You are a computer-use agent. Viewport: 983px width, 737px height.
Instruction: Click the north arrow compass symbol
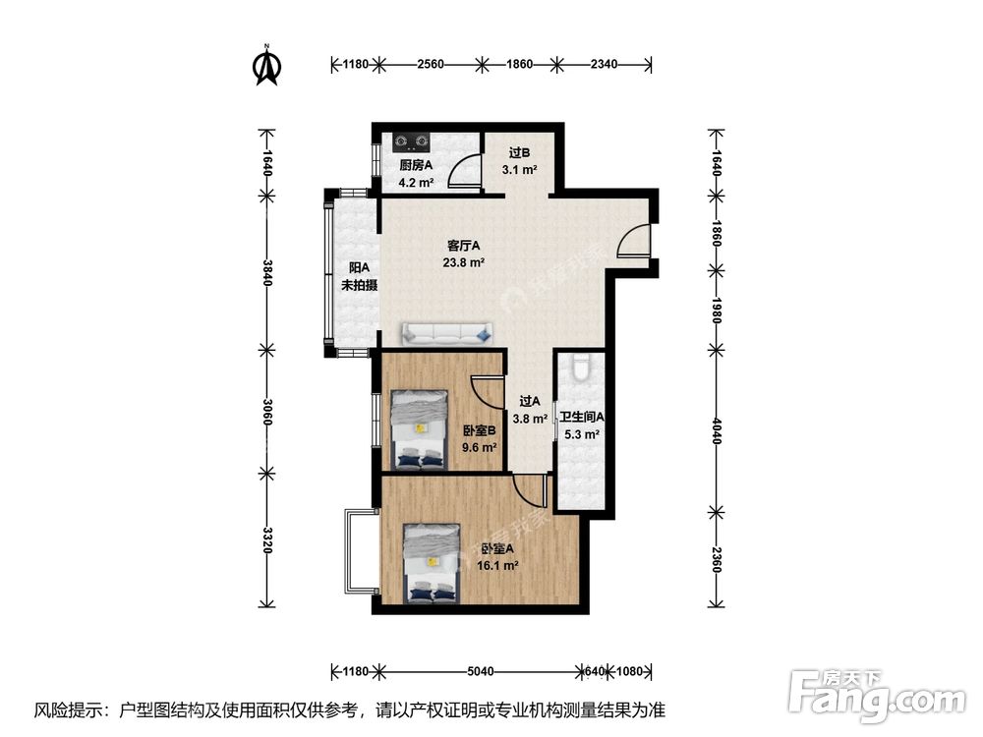click(266, 64)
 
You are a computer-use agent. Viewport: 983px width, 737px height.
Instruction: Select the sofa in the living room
click(446, 333)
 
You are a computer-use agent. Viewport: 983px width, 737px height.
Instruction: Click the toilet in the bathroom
click(581, 368)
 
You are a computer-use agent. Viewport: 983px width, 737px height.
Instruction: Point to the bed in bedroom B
click(420, 428)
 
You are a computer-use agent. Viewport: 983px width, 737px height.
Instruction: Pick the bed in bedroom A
click(432, 563)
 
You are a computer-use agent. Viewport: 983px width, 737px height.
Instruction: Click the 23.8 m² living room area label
click(463, 262)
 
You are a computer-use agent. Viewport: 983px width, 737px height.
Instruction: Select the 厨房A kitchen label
click(416, 166)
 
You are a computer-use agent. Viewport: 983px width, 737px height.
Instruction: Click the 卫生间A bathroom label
click(581, 417)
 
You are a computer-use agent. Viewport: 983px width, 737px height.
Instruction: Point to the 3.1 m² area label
click(519, 170)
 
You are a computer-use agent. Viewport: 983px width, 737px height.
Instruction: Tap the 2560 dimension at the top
click(431, 65)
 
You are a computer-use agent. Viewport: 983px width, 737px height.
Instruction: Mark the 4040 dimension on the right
click(716, 430)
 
